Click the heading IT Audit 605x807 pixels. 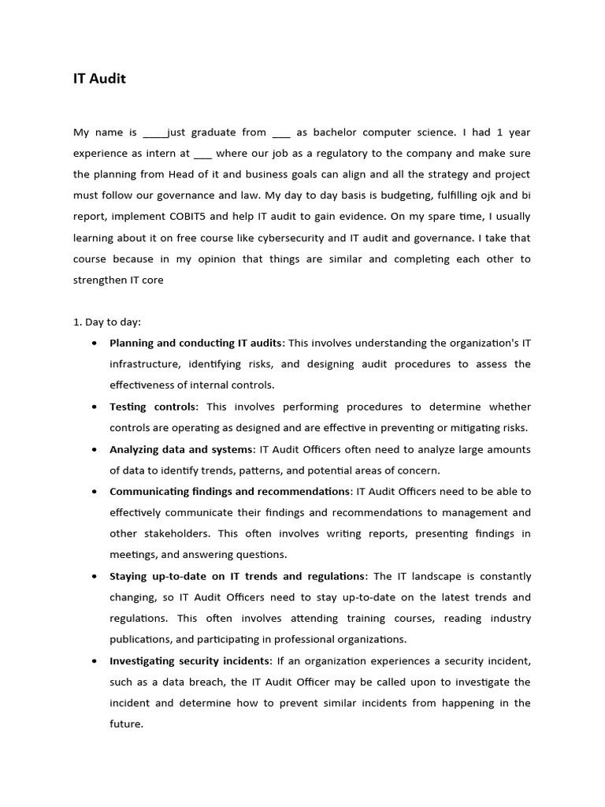coord(99,79)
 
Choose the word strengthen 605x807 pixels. coord(99,281)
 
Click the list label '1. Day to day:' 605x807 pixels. coord(106,322)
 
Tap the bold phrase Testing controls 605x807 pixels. coord(153,407)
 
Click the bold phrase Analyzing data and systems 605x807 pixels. coord(181,449)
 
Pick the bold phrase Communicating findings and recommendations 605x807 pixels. coord(229,492)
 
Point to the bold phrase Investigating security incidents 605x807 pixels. coord(190,660)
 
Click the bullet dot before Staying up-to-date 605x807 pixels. coord(95,576)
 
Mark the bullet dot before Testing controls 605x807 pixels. coord(95,407)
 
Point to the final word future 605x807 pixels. coord(124,723)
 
